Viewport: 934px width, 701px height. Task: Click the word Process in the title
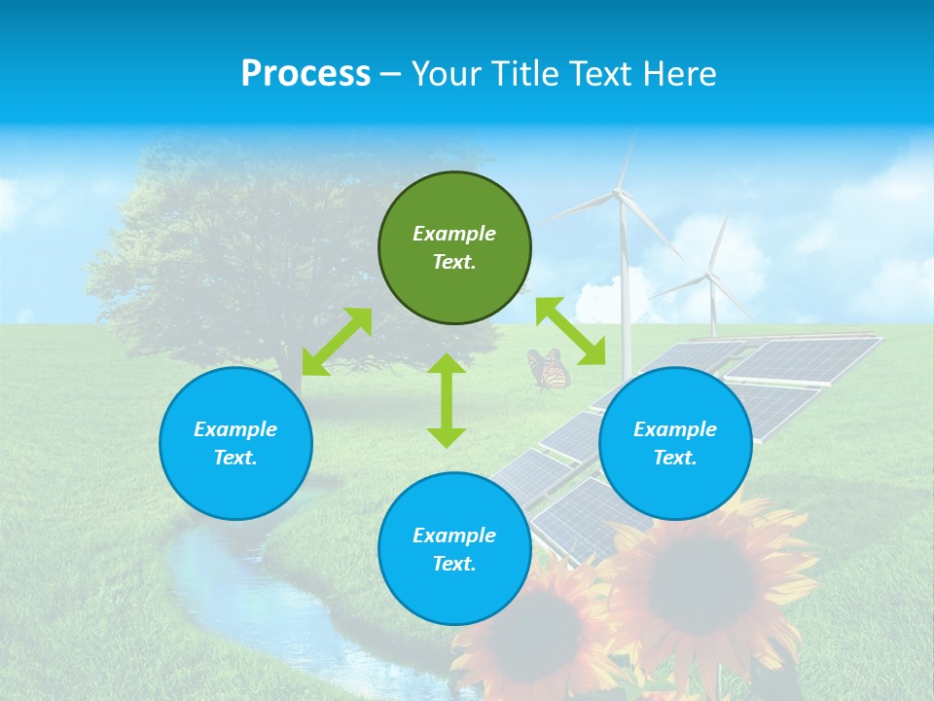(305, 74)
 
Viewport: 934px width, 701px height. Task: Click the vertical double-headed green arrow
(447, 400)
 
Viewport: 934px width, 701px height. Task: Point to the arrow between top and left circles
(338, 342)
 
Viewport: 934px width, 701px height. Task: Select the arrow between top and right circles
(570, 331)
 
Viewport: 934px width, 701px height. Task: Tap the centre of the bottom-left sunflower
(537, 633)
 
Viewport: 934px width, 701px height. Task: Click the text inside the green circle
(454, 247)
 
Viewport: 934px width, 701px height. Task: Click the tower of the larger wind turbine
(625, 282)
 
